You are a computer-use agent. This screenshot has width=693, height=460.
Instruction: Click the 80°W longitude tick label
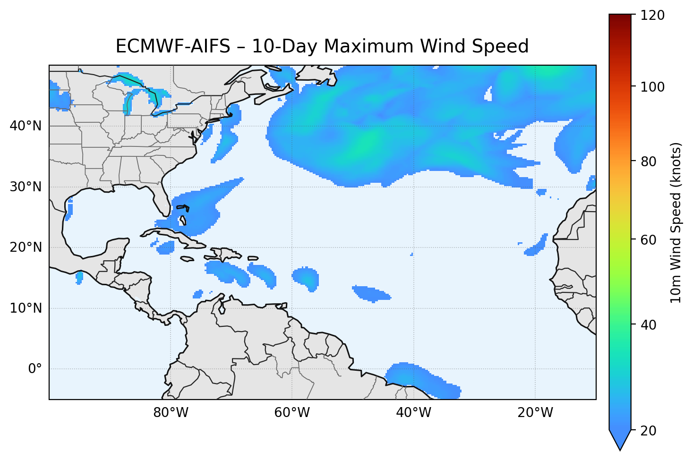click(171, 413)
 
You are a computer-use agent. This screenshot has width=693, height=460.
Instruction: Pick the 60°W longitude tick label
click(292, 413)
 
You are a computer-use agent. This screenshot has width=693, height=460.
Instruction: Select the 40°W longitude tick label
click(413, 413)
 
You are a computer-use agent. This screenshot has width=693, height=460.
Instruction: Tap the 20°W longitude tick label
click(535, 413)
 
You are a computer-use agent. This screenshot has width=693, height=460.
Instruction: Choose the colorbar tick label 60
click(650, 240)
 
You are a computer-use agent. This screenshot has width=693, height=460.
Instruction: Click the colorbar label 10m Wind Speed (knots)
click(676, 222)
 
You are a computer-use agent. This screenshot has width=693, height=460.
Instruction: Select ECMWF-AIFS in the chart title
click(172, 46)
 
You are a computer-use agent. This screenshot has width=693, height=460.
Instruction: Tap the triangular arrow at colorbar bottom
click(620, 440)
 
